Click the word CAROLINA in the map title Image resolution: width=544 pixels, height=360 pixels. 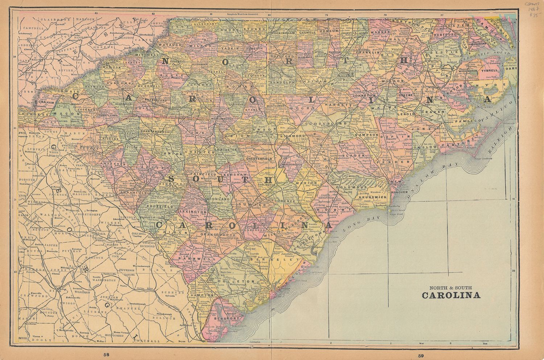point(451,295)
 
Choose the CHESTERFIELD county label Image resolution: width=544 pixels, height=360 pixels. point(259,159)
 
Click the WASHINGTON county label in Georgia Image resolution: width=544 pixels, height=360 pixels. point(104,280)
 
